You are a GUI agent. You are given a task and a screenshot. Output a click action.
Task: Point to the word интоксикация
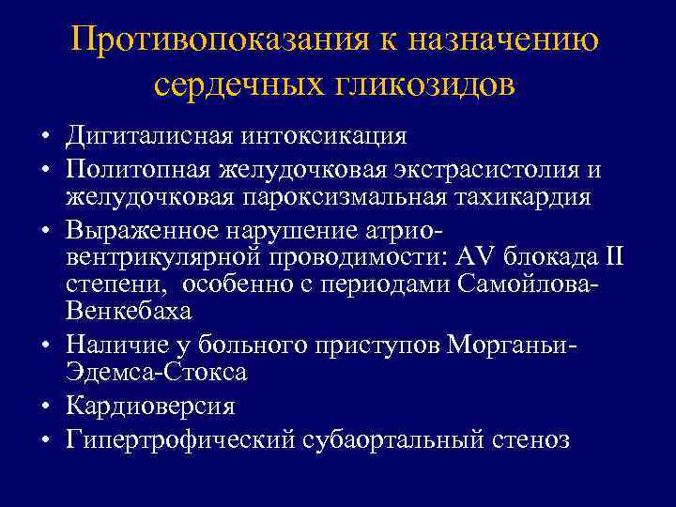325,135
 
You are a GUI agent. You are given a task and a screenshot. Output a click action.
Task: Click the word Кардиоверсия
150,406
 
